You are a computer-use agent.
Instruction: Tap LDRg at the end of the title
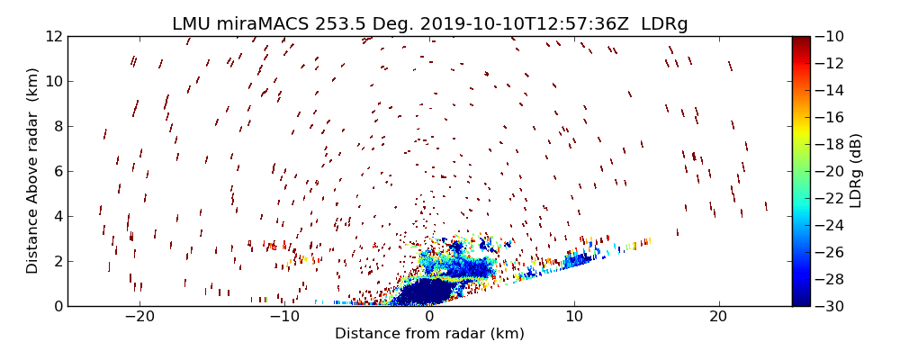pyautogui.click(x=664, y=24)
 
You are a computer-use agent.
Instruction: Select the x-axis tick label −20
pyautogui.click(x=139, y=318)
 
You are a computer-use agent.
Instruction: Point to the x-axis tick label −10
pyautogui.click(x=284, y=318)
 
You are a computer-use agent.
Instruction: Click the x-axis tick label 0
pyautogui.click(x=429, y=318)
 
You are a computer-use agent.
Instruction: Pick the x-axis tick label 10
pyautogui.click(x=574, y=318)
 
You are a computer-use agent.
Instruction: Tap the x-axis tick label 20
pyautogui.click(x=718, y=318)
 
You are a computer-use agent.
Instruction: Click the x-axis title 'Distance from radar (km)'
pyautogui.click(x=429, y=334)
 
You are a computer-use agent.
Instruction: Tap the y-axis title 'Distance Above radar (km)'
pyautogui.click(x=33, y=171)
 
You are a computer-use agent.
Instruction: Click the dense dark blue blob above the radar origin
pyautogui.click(x=423, y=292)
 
